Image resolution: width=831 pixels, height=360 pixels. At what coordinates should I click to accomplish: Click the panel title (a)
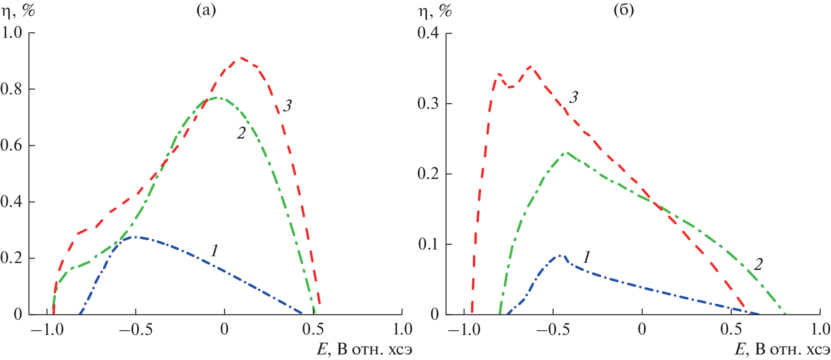(x=206, y=10)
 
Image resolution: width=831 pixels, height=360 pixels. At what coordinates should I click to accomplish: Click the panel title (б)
(x=624, y=10)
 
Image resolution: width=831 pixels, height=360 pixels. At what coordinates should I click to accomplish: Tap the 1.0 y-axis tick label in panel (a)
(x=11, y=32)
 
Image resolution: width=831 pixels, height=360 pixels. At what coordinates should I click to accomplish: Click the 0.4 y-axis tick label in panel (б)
(x=428, y=33)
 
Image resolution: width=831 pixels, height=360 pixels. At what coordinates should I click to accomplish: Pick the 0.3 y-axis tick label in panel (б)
(x=428, y=103)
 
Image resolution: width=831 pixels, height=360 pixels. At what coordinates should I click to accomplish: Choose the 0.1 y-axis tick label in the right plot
(x=428, y=244)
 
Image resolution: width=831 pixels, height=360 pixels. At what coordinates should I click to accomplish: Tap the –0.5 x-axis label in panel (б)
(x=553, y=329)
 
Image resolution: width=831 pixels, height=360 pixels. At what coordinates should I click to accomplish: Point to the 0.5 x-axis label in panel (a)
(x=313, y=329)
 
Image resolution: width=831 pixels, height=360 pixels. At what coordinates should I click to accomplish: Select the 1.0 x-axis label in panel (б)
(x=820, y=329)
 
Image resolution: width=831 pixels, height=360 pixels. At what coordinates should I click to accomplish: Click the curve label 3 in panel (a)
(x=288, y=105)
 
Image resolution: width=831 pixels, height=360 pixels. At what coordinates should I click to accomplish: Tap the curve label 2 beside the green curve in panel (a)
(x=241, y=133)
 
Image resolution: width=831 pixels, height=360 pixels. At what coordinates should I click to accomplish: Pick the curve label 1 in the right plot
(x=587, y=257)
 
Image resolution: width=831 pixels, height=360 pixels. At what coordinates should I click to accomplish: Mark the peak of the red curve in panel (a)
(x=241, y=57)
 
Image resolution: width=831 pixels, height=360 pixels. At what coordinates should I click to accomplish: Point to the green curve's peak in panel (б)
(x=566, y=153)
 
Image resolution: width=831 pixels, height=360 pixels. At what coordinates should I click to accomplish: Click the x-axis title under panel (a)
(x=364, y=350)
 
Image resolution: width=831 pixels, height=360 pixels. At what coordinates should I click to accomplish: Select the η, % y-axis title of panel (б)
(x=435, y=11)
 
